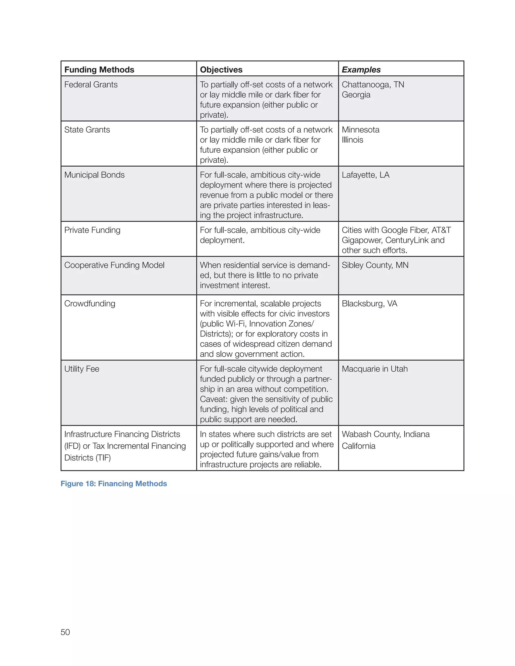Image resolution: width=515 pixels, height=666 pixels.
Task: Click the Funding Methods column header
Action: click(99, 70)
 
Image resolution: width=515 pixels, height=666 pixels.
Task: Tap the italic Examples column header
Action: click(361, 70)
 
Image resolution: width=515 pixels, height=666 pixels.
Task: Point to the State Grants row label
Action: click(87, 130)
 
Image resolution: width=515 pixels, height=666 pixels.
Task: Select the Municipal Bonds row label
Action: click(94, 175)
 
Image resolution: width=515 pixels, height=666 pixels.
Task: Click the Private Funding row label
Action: click(92, 230)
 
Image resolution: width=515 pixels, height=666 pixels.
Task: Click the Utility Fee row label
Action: click(82, 369)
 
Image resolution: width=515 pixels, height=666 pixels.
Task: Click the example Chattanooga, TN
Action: click(372, 84)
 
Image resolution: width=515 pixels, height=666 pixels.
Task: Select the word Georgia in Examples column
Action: click(356, 94)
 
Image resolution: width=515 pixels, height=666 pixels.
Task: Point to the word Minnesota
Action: click(360, 130)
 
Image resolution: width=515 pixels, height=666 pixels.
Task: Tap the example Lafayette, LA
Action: click(365, 175)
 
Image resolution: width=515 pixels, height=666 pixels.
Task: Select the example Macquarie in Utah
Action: click(374, 369)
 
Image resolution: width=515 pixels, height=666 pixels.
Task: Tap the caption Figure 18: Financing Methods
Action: click(113, 484)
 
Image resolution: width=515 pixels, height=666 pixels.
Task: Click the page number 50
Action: click(65, 632)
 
